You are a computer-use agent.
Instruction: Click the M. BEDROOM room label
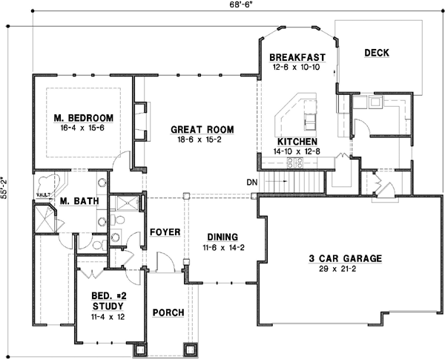click(83, 118)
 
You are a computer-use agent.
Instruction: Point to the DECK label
click(376, 52)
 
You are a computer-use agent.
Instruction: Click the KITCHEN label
click(297, 141)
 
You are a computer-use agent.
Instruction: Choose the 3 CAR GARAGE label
click(345, 259)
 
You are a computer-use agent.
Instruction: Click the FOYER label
click(165, 232)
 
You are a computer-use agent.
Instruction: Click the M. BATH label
click(75, 201)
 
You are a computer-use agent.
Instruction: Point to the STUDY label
click(108, 305)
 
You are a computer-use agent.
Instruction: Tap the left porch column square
click(139, 349)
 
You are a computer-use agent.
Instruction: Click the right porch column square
click(192, 349)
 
